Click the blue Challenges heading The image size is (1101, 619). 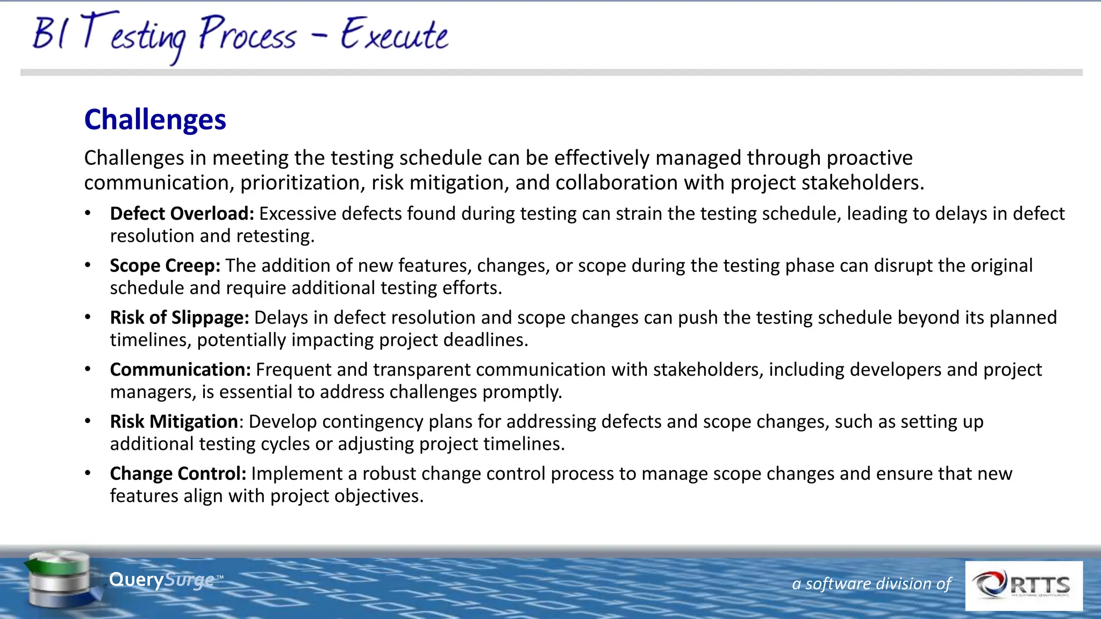pyautogui.click(x=155, y=119)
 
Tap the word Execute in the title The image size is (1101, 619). pyautogui.click(x=394, y=35)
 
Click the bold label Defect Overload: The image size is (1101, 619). pyautogui.click(x=182, y=214)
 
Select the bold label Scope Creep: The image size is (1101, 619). pyautogui.click(x=165, y=266)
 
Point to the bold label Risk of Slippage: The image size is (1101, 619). pyautogui.click(x=180, y=318)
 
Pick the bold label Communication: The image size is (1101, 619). pyautogui.click(x=181, y=370)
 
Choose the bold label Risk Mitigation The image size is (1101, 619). pyautogui.click(x=174, y=422)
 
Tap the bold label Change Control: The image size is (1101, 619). pyautogui.click(x=178, y=474)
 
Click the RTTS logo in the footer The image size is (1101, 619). pyautogui.click(x=1024, y=586)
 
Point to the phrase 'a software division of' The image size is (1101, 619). pyautogui.click(x=871, y=584)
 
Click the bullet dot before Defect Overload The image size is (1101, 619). pyautogui.click(x=88, y=214)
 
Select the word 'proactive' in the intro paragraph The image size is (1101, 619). pyautogui.click(x=869, y=158)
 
